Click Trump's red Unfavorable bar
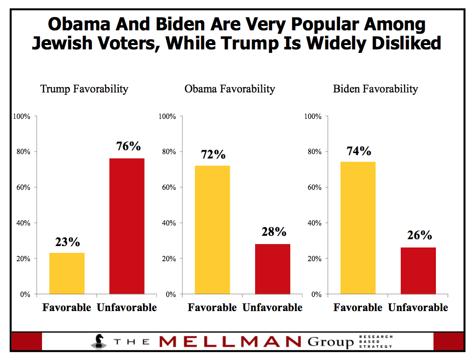click(x=127, y=226)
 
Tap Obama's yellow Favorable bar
click(x=212, y=230)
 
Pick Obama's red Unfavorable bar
click(x=272, y=269)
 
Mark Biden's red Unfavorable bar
click(x=418, y=270)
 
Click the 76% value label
click(x=128, y=146)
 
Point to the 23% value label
click(x=67, y=242)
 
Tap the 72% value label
click(x=213, y=155)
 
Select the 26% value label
click(x=419, y=235)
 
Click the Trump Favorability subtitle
click(x=84, y=89)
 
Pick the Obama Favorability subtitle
click(x=229, y=89)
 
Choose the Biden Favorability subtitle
click(x=375, y=89)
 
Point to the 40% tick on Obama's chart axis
click(x=168, y=223)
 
